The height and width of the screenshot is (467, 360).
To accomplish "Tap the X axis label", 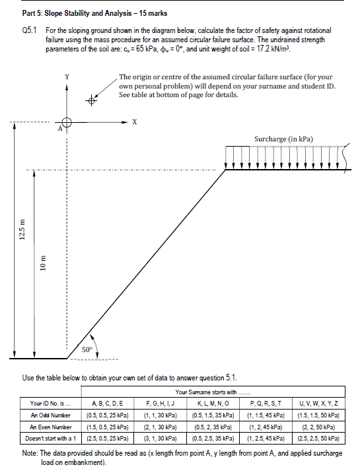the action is point(135,121).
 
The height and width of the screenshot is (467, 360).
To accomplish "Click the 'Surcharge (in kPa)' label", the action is point(283,139).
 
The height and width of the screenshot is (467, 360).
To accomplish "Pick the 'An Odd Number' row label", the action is point(49,413).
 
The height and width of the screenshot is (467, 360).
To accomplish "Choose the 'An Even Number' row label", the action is point(50,425).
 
